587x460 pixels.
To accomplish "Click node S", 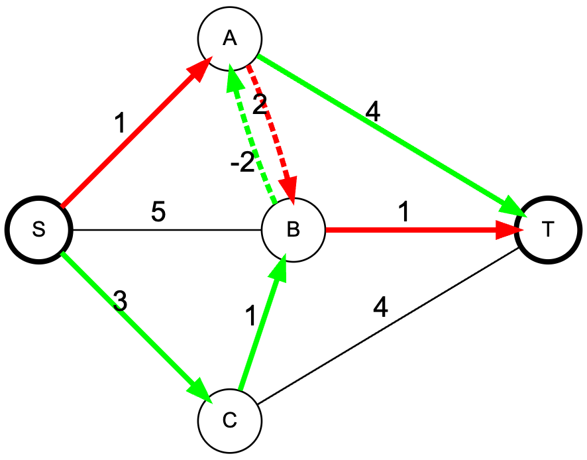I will [38, 229].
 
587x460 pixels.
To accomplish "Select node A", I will [230, 38].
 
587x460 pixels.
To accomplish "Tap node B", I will [293, 230].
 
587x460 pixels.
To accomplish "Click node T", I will [548, 229].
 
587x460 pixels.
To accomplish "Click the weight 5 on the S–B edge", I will [158, 214].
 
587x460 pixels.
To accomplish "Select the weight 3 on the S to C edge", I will [119, 302].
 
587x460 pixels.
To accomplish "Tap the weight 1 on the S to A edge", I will [119, 124].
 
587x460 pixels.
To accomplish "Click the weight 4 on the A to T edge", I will [373, 111].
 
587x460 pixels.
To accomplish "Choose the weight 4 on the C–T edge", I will [380, 310].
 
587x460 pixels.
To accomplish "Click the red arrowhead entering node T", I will [507, 230].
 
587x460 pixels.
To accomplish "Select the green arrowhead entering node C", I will [201, 392].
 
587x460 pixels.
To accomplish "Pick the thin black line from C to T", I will [391, 325].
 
